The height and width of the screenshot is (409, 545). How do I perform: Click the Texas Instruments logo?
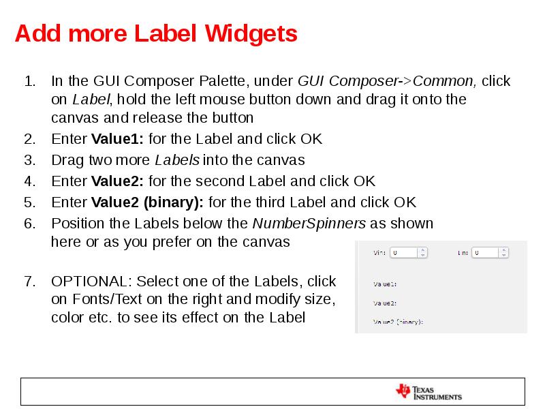(x=429, y=392)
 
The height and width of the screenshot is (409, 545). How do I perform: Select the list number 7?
(x=29, y=282)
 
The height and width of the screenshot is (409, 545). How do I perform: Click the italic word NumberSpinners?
(x=309, y=224)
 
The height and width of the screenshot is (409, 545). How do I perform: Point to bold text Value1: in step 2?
(x=117, y=139)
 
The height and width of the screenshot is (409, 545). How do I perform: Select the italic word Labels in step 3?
(x=177, y=160)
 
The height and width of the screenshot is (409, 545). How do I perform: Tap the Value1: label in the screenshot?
(x=386, y=284)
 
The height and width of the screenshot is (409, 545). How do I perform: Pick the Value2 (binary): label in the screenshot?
(x=399, y=321)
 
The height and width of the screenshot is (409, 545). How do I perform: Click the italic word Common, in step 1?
(x=444, y=81)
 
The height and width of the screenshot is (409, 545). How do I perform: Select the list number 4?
(x=29, y=181)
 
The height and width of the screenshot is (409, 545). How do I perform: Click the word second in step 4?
(x=217, y=181)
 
